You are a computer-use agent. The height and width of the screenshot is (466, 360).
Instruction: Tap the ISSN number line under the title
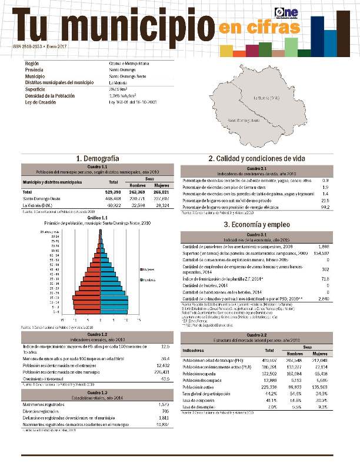pyautogui.click(x=38, y=45)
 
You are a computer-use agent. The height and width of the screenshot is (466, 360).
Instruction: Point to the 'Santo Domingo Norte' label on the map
pyautogui.click(x=244, y=121)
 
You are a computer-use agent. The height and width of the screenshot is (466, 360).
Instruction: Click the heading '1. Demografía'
pyautogui.click(x=98, y=158)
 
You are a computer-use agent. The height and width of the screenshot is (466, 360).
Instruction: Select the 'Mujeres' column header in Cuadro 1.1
pyautogui.click(x=161, y=185)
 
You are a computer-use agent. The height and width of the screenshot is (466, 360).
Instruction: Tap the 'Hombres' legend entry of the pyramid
pyautogui.click(x=148, y=279)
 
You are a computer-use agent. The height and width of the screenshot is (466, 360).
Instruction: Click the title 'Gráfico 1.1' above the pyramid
pyautogui.click(x=97, y=217)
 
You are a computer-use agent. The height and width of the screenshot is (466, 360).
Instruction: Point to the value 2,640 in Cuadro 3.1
pyautogui.click(x=324, y=299)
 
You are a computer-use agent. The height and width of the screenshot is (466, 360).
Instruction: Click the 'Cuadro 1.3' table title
pyautogui.click(x=97, y=392)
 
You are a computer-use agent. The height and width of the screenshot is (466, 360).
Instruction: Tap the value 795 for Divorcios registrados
pyautogui.click(x=165, y=410)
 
